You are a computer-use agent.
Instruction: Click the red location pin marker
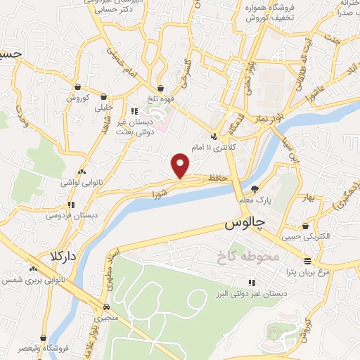tap(181, 165)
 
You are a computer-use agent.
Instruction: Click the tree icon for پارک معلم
tap(255, 188)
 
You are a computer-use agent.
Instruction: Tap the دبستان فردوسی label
tap(70, 216)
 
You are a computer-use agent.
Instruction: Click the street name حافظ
tap(215, 179)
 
